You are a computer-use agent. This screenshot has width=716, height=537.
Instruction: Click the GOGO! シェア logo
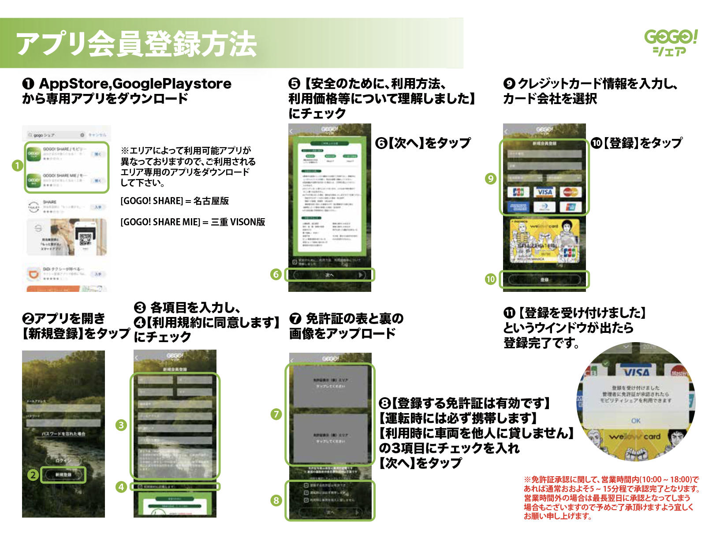click(671, 43)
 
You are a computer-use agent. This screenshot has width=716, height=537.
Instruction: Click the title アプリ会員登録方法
click(137, 44)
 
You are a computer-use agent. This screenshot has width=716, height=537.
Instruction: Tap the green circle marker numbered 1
click(17, 166)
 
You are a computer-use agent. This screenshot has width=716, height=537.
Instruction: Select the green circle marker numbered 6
click(276, 274)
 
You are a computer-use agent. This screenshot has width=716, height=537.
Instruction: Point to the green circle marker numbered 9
click(490, 179)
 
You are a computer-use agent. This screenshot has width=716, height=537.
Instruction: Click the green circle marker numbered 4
click(121, 487)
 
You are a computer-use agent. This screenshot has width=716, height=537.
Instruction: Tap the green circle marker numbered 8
click(276, 500)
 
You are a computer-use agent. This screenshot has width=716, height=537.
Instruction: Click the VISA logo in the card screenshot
click(544, 192)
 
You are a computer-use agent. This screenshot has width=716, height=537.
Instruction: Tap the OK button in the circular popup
click(636, 421)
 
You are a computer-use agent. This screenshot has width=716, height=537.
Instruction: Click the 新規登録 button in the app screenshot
click(63, 475)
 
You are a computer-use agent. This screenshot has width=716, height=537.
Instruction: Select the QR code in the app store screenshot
click(86, 239)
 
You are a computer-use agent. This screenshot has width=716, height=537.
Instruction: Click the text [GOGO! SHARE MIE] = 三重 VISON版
click(193, 222)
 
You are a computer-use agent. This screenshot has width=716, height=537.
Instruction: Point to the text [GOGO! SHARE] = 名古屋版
click(175, 201)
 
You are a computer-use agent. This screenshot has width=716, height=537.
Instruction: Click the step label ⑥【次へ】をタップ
click(423, 143)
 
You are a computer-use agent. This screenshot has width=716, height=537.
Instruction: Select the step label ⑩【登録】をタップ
click(637, 143)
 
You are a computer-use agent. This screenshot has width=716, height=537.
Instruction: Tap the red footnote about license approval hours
click(611, 498)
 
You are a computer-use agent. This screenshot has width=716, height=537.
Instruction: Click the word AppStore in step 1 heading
click(75, 83)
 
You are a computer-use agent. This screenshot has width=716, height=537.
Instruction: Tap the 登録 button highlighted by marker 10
click(544, 280)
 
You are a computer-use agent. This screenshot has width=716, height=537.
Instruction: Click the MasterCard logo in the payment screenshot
click(571, 192)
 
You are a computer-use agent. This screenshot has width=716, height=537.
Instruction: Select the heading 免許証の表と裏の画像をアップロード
click(346, 326)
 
